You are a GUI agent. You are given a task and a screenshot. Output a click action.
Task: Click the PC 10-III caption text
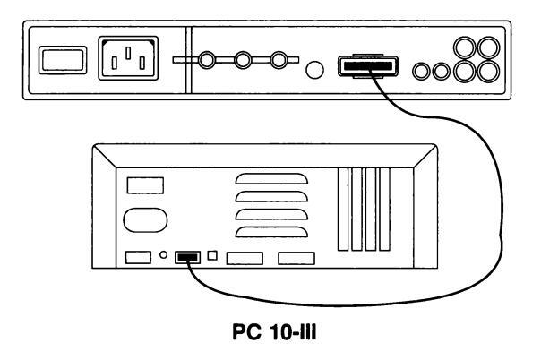coord(274,332)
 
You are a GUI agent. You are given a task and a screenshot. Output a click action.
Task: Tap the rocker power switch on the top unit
coord(63,60)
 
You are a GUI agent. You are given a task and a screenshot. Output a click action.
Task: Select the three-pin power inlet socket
coord(128,58)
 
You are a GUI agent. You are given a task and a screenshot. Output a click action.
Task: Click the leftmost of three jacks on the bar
coord(207,60)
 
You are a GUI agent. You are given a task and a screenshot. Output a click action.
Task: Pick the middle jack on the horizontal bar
coord(243,60)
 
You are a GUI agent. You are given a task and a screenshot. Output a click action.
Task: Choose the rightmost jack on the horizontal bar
coord(279,60)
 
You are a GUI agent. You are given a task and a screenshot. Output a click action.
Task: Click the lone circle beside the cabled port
coord(314,70)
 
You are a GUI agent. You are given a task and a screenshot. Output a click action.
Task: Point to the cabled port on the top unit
coord(368,65)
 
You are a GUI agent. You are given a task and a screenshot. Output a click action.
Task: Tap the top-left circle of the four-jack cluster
coord(464,47)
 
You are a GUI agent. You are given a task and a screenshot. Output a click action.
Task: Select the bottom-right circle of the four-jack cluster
coord(488,72)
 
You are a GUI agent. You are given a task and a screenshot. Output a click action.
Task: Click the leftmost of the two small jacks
coord(421,72)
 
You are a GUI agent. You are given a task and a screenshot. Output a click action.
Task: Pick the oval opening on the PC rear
coord(145,220)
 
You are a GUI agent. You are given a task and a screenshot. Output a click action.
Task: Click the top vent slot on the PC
coord(271,178)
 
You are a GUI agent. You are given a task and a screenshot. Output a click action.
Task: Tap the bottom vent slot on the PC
coord(271,232)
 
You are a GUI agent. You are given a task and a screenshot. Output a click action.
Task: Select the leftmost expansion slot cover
coord(343,209)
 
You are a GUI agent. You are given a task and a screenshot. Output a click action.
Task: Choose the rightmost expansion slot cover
coord(385,209)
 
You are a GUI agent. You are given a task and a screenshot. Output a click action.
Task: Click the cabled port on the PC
coord(187,257)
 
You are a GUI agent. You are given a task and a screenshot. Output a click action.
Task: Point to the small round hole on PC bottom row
coord(164,255)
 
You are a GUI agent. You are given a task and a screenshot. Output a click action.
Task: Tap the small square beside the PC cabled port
coord(212,255)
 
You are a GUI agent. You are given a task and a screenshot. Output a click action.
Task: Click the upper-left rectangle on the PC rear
coord(145,185)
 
